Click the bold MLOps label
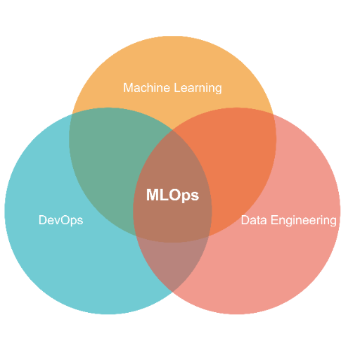tap(172, 195)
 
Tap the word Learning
tap(198, 89)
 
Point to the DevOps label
tap(60, 220)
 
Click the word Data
tap(254, 220)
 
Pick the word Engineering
tap(304, 221)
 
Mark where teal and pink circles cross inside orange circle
tap(172, 129)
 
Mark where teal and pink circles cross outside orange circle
tap(172, 292)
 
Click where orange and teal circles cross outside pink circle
tap(72, 114)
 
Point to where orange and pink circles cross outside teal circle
tap(273, 114)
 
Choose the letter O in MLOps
tap(173, 195)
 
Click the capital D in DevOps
tap(43, 220)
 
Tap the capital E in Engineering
tap(275, 220)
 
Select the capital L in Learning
tap(177, 88)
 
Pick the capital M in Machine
tap(128, 88)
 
